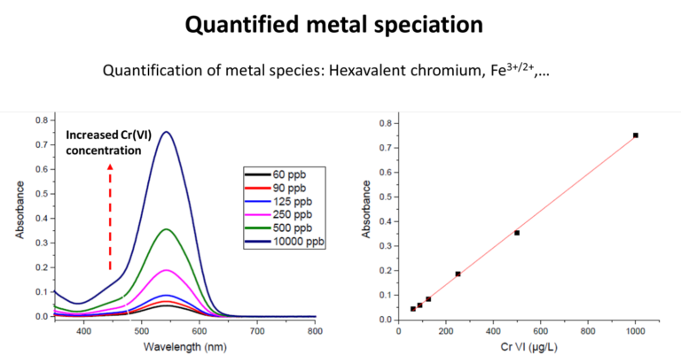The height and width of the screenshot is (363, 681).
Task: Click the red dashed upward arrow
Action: [x=110, y=217]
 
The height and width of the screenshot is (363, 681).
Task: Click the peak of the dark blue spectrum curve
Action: [x=165, y=132]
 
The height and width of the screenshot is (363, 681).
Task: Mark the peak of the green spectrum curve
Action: [x=165, y=229]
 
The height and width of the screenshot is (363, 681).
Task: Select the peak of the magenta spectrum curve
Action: [x=165, y=269]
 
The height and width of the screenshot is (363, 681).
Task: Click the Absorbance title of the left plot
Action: [x=19, y=217]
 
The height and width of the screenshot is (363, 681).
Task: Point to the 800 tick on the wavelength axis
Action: [x=315, y=330]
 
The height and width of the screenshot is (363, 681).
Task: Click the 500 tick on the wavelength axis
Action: [x=142, y=330]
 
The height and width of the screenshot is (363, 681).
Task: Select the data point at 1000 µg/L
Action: [x=636, y=135]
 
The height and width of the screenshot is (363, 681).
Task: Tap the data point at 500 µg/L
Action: [x=517, y=233]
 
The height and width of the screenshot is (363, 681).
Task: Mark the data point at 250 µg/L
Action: [x=458, y=274]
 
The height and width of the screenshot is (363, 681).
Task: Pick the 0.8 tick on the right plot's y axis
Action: [x=386, y=123]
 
